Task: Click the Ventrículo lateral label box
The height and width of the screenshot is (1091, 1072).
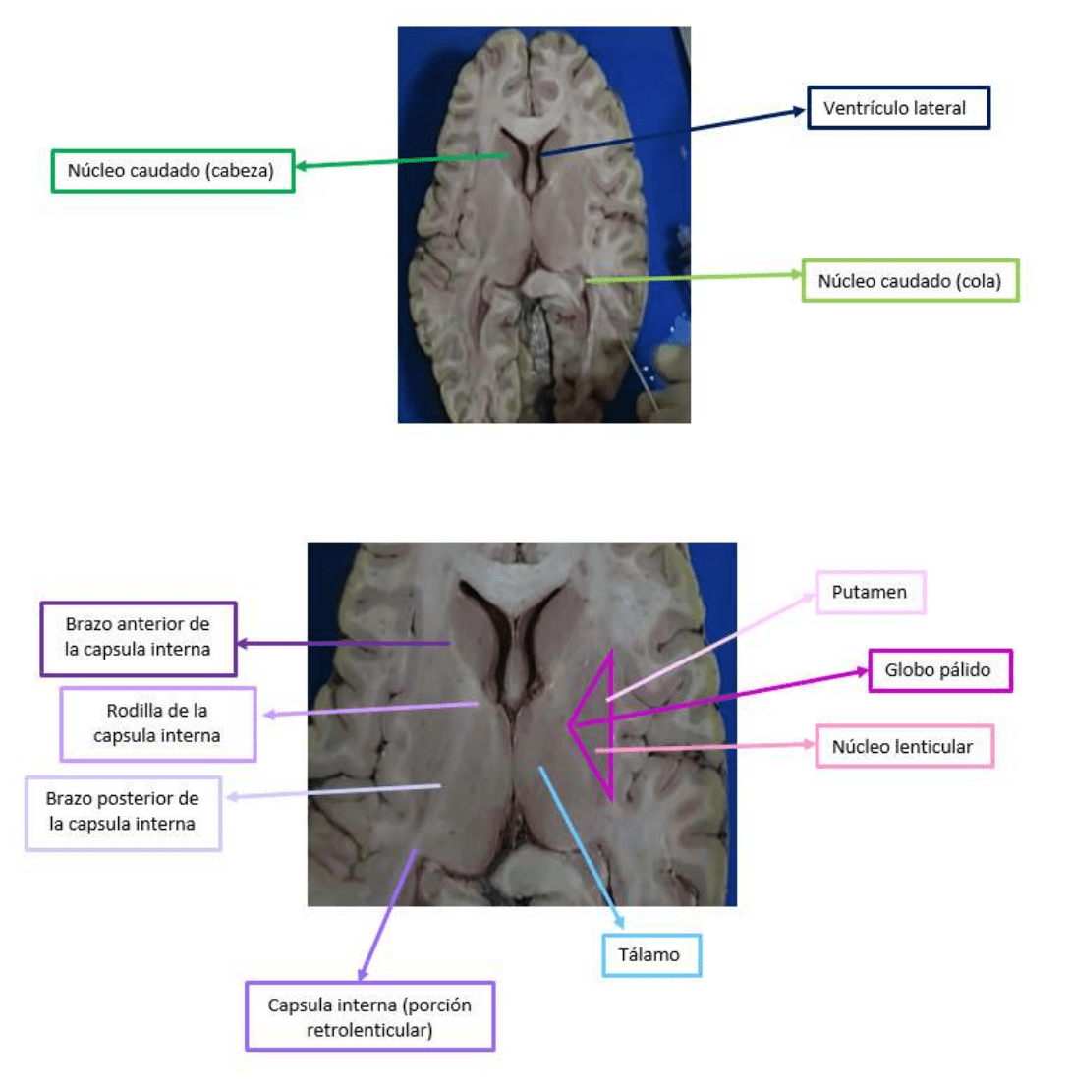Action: point(898,107)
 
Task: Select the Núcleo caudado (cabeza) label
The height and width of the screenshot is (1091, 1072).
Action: point(173,170)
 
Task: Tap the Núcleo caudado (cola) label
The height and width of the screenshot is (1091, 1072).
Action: point(910,280)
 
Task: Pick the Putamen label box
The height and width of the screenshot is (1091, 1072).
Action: point(871,593)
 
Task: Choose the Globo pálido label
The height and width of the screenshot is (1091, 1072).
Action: point(940,671)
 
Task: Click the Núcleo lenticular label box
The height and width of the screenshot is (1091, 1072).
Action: point(904,747)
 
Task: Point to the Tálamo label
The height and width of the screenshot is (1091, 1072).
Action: point(650,953)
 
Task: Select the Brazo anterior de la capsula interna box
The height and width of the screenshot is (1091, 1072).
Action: point(139,639)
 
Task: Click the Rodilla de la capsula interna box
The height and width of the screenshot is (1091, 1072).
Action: point(157,722)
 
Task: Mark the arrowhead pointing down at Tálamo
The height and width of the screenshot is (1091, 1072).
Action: point(620,920)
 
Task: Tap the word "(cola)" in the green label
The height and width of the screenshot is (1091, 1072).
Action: point(976,281)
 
